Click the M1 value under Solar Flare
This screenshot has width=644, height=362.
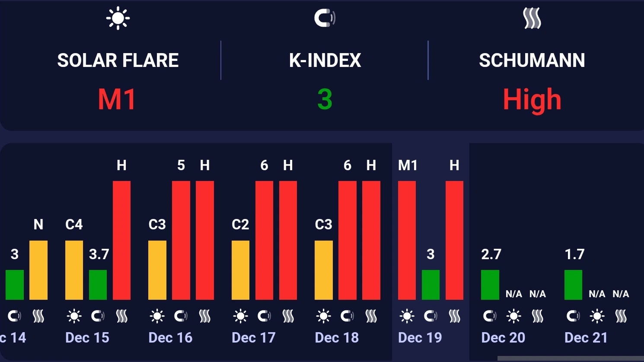coord(117,99)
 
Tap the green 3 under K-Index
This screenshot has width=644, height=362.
coord(325,99)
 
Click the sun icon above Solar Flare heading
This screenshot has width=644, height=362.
coord(118,19)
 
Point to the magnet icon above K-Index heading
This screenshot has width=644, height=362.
coord(325,18)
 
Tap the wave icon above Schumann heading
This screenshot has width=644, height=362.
coord(532,19)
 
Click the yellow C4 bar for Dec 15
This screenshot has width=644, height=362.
coord(74,270)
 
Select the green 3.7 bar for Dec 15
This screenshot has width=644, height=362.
coord(98,285)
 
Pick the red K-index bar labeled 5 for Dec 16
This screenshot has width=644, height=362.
coord(181,240)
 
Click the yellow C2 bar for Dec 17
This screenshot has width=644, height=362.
coord(240,270)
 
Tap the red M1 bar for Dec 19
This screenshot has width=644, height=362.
coord(407,240)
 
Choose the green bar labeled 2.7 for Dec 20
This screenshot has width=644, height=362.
coord(490,285)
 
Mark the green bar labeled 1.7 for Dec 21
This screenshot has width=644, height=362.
coord(573,285)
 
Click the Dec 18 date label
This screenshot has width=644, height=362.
coord(337,337)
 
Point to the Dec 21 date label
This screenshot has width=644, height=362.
coord(586,337)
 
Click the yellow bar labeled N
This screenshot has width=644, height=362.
coord(38,270)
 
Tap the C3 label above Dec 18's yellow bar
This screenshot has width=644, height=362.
coord(323,225)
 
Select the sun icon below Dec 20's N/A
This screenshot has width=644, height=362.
coord(513,317)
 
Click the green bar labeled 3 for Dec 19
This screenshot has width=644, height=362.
coord(430,285)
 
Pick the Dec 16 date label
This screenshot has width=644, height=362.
coord(170,337)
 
